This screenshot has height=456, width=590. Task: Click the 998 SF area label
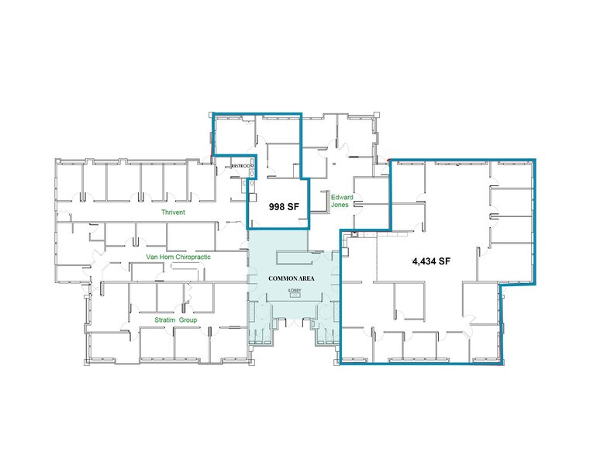coord(278,207)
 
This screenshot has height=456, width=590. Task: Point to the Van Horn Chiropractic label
coord(179,256)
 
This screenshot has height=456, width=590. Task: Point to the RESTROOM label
coord(241,166)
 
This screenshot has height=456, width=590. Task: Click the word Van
coord(152,256)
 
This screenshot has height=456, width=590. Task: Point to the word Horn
coord(165,256)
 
